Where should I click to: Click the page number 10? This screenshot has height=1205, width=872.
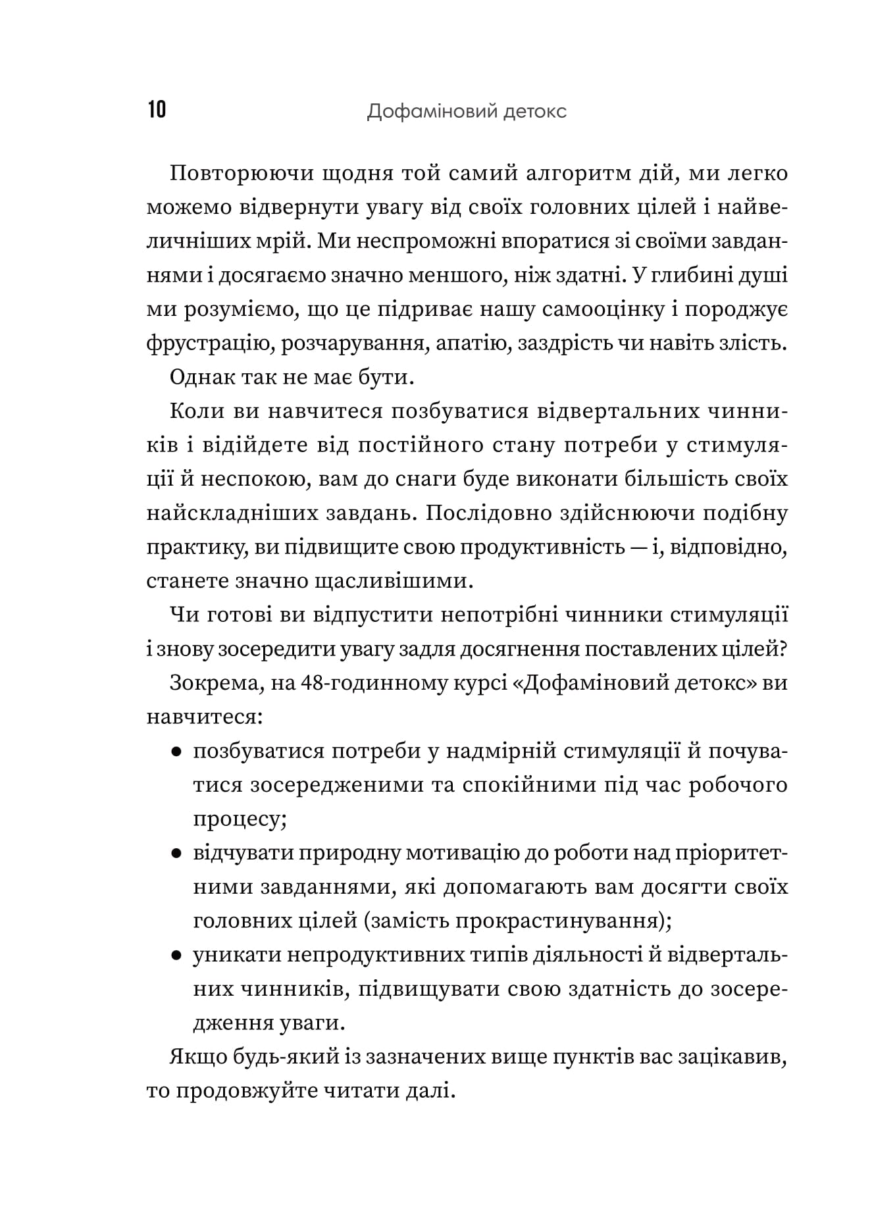pos(157,110)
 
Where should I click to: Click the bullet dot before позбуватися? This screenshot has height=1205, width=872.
pos(176,752)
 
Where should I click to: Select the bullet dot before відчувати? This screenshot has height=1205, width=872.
pos(176,854)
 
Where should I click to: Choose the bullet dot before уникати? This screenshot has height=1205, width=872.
pos(176,956)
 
